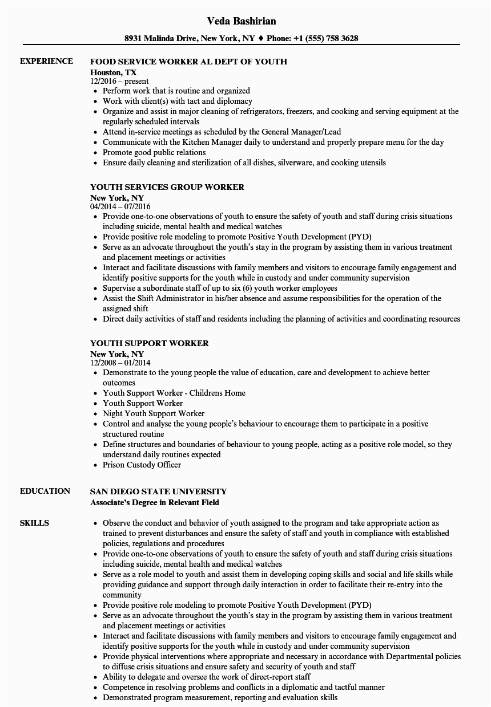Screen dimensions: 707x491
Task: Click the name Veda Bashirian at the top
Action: tap(242, 21)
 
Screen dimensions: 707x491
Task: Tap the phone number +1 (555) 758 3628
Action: tap(327, 39)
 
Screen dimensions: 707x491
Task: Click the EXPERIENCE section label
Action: tap(46, 61)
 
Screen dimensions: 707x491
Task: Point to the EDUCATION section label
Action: tap(45, 491)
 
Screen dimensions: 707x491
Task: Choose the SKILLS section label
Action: tap(34, 523)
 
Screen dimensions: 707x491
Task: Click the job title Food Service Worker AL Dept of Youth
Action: tap(188, 62)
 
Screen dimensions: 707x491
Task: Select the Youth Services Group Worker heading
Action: tap(167, 187)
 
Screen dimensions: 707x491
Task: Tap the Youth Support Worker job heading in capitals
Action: tap(150, 343)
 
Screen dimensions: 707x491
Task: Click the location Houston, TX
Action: tap(114, 72)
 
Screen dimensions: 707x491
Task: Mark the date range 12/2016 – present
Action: tap(119, 82)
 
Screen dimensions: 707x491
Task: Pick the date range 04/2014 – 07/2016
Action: tap(120, 207)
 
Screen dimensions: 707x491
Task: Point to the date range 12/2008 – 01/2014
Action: tap(120, 363)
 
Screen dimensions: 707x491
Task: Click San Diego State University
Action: tap(159, 491)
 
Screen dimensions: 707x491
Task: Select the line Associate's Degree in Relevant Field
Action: tap(155, 502)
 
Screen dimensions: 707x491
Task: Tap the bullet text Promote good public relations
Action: tap(154, 152)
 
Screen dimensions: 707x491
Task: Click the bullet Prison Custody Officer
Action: tap(142, 465)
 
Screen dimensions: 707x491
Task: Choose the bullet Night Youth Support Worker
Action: tap(154, 413)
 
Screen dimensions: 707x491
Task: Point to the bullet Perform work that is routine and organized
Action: tap(176, 91)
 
